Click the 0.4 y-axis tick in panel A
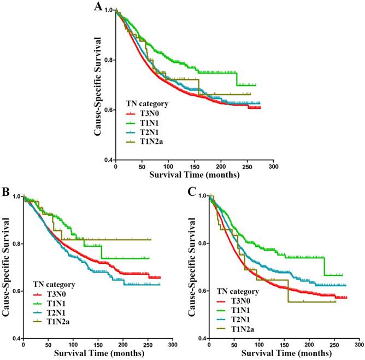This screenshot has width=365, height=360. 109,160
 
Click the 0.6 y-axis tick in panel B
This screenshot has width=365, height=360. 16,291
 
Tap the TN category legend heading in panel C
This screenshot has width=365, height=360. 240,291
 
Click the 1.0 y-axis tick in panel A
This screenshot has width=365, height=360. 109,10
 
